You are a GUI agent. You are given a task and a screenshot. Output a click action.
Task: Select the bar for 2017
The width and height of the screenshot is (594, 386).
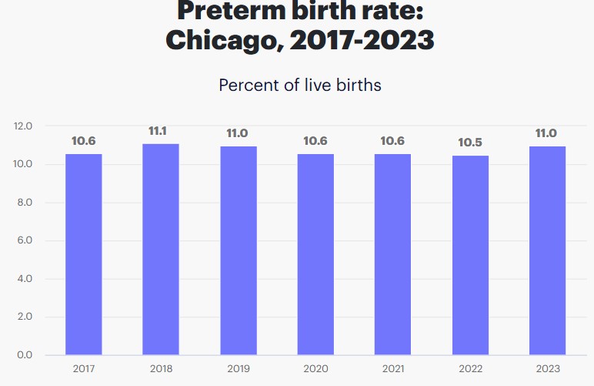pyautogui.click(x=83, y=254)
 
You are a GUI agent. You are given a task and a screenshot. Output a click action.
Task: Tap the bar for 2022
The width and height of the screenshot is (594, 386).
pyautogui.click(x=470, y=255)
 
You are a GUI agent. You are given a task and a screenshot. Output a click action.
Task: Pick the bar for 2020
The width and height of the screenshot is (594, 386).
pyautogui.click(x=315, y=254)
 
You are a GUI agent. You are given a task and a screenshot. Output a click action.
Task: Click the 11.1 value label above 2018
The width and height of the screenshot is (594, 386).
pyautogui.click(x=159, y=131)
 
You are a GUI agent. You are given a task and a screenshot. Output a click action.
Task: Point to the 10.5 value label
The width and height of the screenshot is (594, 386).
pyautogui.click(x=470, y=143)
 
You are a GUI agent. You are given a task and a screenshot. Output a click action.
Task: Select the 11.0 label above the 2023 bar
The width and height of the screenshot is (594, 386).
pyautogui.click(x=546, y=133)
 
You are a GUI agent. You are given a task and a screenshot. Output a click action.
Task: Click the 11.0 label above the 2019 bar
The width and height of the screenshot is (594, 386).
pyautogui.click(x=237, y=133)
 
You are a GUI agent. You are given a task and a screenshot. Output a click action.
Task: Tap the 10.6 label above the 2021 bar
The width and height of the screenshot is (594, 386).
pyautogui.click(x=392, y=141)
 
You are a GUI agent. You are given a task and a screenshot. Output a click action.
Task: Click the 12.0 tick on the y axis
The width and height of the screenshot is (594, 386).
pyautogui.click(x=23, y=126)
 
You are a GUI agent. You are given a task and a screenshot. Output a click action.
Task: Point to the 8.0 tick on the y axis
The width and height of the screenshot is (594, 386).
pyautogui.click(x=24, y=203)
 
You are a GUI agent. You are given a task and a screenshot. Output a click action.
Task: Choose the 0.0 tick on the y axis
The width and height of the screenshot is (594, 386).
pyautogui.click(x=24, y=355)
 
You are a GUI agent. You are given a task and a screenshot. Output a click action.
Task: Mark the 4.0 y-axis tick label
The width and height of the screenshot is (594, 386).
pyautogui.click(x=24, y=279)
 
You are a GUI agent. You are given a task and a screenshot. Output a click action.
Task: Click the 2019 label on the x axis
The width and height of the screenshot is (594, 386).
pyautogui.click(x=238, y=368)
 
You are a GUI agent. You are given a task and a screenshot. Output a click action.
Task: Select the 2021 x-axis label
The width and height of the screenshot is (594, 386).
pyautogui.click(x=392, y=368)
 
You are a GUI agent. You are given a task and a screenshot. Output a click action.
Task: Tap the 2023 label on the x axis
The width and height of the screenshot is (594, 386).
pyautogui.click(x=547, y=368)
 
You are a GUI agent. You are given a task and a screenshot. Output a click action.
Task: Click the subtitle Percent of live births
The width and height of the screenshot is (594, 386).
pyautogui.click(x=300, y=85)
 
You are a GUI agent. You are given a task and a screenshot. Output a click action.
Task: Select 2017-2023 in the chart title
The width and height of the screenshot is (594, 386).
pyautogui.click(x=362, y=38)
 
